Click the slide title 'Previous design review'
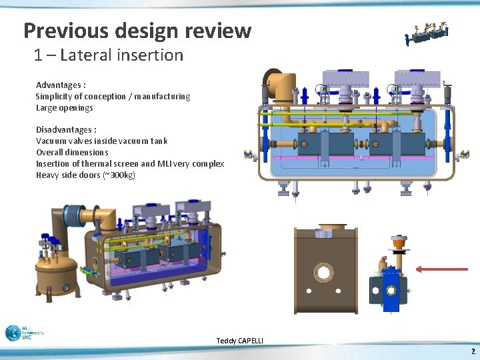(137, 31)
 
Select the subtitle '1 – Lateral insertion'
(109, 55)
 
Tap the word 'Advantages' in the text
(57, 85)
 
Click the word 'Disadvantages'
(63, 130)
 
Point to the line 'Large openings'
(64, 108)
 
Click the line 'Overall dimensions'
(72, 153)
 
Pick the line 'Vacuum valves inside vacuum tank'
(101, 141)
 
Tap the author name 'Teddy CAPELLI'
(239, 341)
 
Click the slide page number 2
(473, 351)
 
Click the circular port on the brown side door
(324, 272)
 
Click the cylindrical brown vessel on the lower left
(57, 273)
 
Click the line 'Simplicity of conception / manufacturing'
(113, 97)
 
